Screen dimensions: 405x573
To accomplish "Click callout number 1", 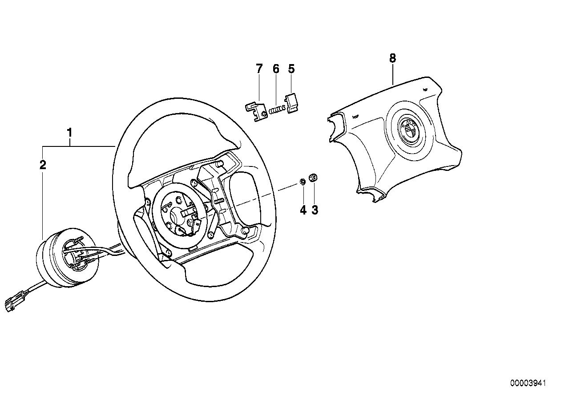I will click(69, 132).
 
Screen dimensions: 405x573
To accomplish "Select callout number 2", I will click(43, 165).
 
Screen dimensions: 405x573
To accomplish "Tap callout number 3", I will click(315, 210).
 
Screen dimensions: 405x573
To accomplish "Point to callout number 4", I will click(303, 210).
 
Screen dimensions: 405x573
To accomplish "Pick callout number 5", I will click(291, 69).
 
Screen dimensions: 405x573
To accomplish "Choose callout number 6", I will click(276, 69).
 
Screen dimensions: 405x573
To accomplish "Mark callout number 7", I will click(259, 69).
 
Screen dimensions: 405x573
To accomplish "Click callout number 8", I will click(392, 58).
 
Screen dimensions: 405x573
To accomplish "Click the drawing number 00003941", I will click(528, 383).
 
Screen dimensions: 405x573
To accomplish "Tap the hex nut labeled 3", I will click(313, 178).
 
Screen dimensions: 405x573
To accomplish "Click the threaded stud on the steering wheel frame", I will click(218, 201).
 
